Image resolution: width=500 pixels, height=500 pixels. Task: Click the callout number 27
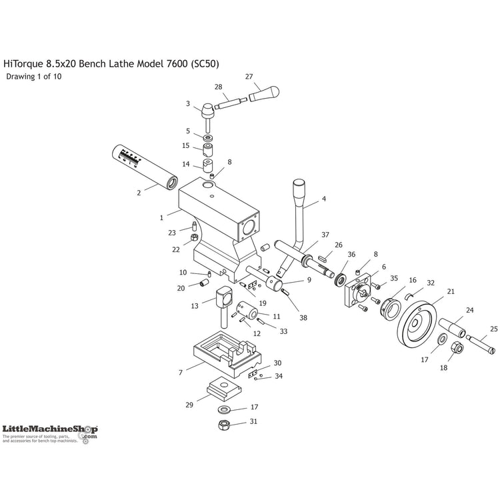pos(249,77)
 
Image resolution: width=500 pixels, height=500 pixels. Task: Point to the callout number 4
pos(324,199)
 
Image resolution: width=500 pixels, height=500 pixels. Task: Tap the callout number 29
pos(189,404)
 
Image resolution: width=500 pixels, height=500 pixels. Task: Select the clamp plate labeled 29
pos(221,388)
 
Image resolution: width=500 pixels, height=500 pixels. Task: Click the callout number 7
pos(180,373)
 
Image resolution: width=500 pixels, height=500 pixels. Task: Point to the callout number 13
pos(195,306)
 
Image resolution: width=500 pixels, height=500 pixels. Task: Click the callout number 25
pos(493,329)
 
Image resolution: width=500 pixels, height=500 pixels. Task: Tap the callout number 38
pos(303,318)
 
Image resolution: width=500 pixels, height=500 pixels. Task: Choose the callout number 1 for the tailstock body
pos(161,217)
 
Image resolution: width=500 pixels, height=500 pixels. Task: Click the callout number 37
pos(325,235)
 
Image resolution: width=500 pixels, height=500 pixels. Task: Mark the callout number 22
pos(176,249)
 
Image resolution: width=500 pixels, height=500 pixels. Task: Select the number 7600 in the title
pos(173,64)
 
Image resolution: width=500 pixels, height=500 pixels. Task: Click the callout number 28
pos(218,87)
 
